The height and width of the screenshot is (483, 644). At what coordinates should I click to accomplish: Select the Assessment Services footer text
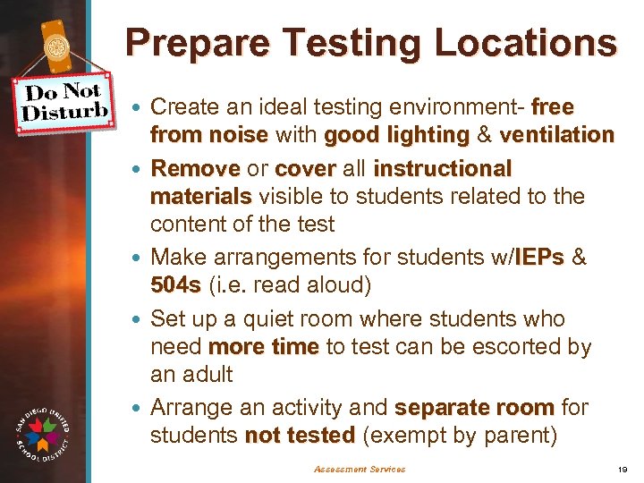point(360,469)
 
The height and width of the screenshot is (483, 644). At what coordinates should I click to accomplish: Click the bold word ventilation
point(557,135)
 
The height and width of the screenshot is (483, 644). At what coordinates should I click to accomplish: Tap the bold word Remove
point(195,168)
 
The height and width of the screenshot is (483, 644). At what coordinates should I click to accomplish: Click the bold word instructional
point(442,168)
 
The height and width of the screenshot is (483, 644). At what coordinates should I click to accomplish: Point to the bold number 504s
point(176,286)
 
